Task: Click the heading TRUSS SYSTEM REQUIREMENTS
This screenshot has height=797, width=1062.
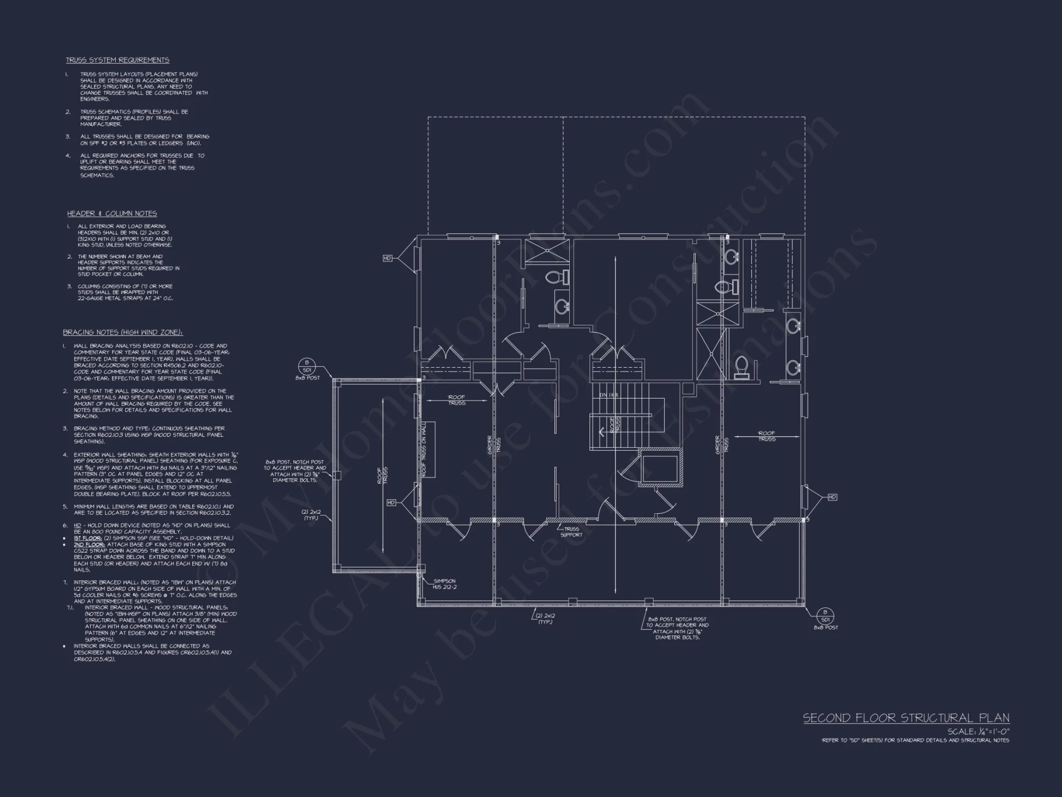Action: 117,60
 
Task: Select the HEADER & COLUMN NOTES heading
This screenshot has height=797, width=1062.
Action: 112,214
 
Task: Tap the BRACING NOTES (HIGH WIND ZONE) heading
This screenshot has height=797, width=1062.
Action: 123,333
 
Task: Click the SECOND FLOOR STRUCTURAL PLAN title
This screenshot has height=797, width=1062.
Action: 906,718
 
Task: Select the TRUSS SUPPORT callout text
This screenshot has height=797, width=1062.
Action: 571,532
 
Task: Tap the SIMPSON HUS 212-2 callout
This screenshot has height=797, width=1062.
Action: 444,584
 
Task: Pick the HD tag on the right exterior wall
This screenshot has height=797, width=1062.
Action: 832,497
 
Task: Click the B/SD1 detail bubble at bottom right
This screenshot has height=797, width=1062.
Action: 825,616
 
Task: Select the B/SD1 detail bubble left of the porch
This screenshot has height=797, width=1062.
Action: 307,367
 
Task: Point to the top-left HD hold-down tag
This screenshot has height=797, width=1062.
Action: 388,258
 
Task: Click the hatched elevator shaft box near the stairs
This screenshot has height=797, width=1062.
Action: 660,468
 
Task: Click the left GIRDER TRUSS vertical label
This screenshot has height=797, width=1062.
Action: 490,445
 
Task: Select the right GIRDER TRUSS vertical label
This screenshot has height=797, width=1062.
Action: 718,445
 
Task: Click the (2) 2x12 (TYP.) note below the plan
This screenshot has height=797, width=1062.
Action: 545,618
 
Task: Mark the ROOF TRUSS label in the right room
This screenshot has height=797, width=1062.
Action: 766,436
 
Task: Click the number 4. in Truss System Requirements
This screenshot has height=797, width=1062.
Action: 68,156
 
